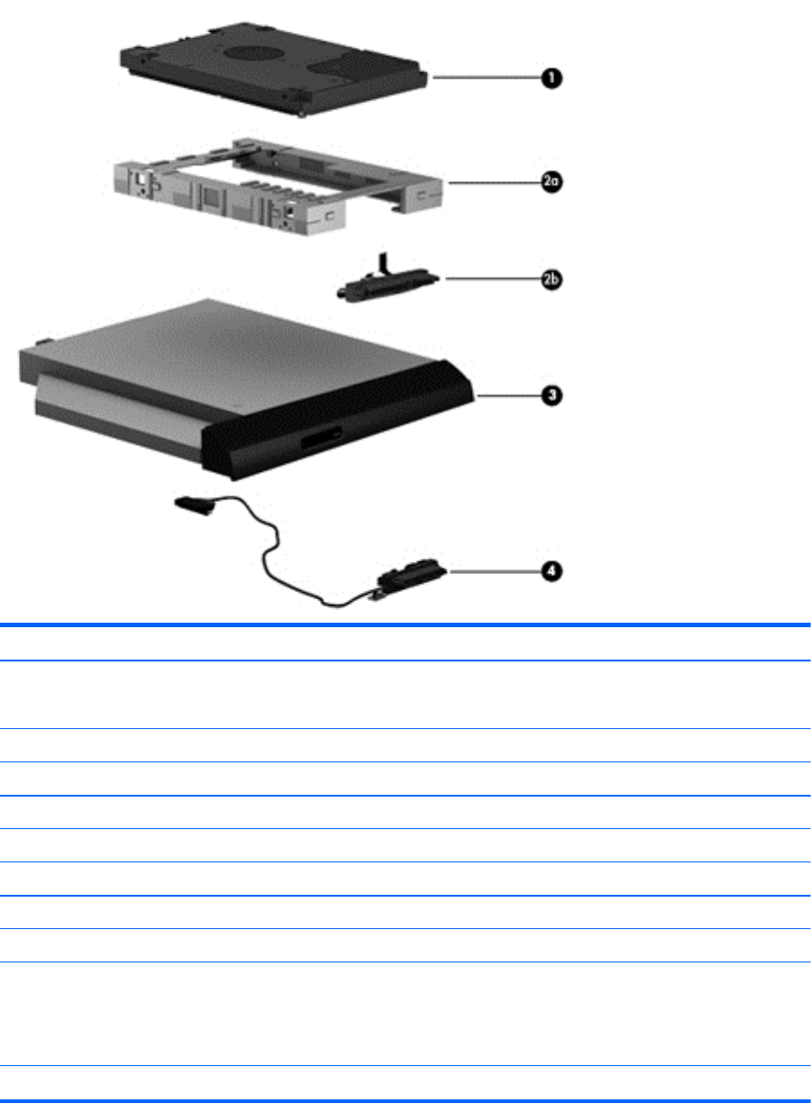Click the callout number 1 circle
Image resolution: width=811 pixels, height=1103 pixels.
[x=549, y=79]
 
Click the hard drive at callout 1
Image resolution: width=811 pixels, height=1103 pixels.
[x=270, y=68]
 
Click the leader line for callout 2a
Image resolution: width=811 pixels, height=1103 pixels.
[x=491, y=181]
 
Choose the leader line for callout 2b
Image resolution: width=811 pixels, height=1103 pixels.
[x=491, y=279]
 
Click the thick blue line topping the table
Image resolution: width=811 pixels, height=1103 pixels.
[x=405, y=624]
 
